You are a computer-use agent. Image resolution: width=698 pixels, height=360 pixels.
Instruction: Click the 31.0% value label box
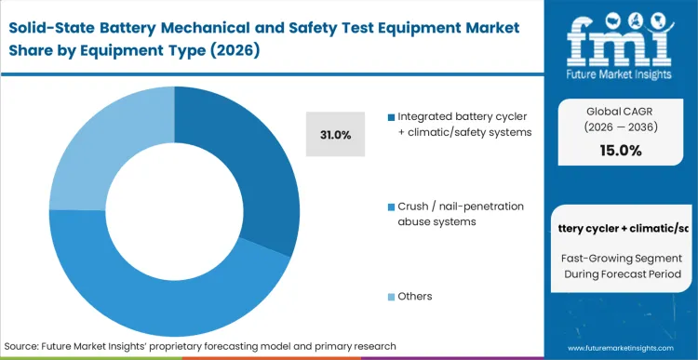tap(335, 136)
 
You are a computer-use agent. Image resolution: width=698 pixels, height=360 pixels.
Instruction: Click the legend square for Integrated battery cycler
tap(391, 117)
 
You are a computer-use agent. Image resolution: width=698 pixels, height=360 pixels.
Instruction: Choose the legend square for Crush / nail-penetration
tap(391, 206)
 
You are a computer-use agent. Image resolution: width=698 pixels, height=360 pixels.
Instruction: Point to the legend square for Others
tap(391, 296)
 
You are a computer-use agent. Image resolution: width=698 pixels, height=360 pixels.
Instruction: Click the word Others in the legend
tap(414, 296)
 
